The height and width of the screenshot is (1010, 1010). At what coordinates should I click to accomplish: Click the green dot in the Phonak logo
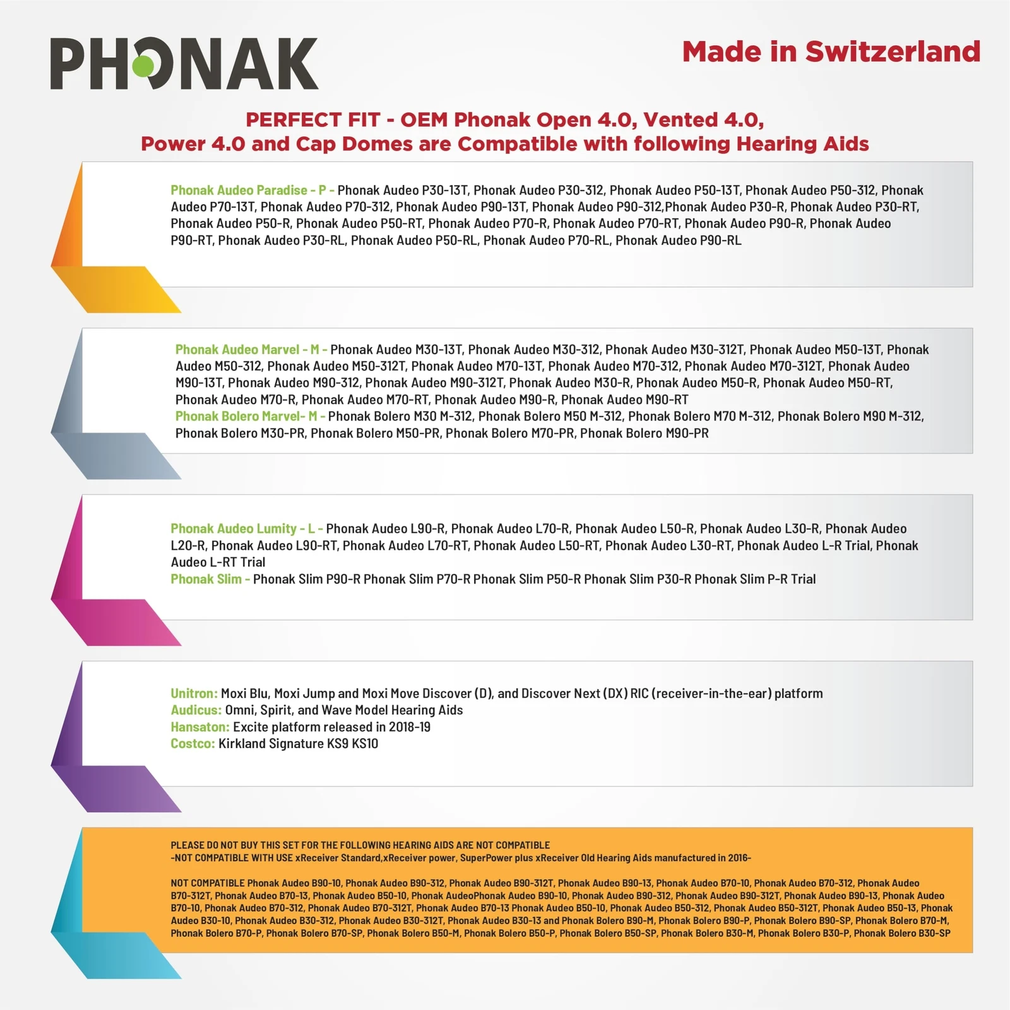tap(143, 64)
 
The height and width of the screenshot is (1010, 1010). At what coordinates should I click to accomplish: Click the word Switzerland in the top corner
tap(893, 52)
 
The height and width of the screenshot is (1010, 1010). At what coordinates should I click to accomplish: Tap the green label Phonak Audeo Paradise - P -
tap(252, 190)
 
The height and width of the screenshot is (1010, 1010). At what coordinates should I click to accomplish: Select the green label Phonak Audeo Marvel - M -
tap(251, 350)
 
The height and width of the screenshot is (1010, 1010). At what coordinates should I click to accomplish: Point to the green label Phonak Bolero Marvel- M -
tap(250, 417)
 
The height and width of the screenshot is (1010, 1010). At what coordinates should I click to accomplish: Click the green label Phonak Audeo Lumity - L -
tap(246, 529)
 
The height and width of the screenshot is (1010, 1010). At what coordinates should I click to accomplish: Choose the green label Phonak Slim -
tap(210, 579)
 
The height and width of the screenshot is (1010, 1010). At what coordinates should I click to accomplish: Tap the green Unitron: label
tap(194, 694)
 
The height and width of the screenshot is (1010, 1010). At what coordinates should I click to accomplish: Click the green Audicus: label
tap(196, 710)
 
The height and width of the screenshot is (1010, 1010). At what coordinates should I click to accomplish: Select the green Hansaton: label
tap(200, 727)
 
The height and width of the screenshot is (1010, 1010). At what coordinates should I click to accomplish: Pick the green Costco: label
tap(193, 744)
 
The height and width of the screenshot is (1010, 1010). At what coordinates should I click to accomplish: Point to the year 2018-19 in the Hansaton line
tap(410, 727)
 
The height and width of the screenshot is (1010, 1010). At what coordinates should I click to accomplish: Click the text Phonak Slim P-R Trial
tap(755, 579)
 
